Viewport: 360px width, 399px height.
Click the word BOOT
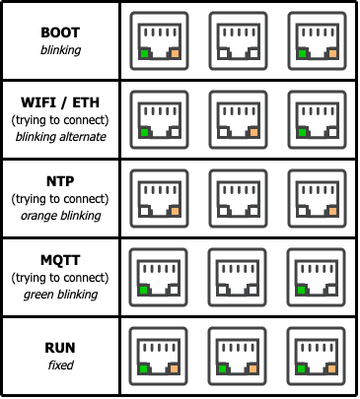click(60, 33)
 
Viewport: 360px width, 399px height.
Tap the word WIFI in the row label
click(38, 102)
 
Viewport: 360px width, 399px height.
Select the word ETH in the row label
click(86, 102)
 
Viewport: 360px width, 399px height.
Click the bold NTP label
click(60, 181)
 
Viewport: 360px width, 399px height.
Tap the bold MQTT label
click(60, 260)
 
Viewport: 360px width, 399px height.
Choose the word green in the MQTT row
click(37, 295)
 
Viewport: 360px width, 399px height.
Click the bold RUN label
click(60, 348)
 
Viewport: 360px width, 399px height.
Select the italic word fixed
click(61, 365)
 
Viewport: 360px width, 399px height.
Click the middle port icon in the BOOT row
click(238, 41)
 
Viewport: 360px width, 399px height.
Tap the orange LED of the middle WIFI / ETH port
click(253, 133)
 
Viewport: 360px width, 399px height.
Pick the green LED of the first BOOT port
click(144, 54)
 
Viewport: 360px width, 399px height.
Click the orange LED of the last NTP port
click(332, 212)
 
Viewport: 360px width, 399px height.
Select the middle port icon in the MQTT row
click(237, 278)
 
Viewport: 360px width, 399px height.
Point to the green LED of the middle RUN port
click(223, 369)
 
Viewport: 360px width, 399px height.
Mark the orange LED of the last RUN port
click(331, 369)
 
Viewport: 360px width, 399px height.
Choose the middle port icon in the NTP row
click(238, 199)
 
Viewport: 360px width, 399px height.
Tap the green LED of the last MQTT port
click(301, 291)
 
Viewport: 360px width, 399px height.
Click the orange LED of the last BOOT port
click(332, 54)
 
